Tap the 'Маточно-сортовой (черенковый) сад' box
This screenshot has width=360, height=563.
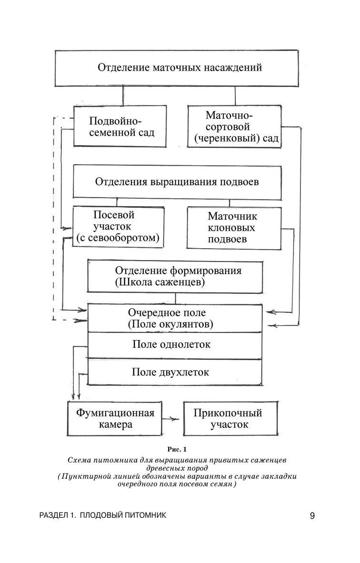pos(233,127)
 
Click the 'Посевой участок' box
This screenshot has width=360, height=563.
pos(118,227)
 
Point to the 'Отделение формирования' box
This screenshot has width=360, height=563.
pos(175,277)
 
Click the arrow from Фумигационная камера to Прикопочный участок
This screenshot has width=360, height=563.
pos(170,419)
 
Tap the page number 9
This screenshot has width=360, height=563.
pos(312,516)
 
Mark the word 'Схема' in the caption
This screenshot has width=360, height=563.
pos(80,461)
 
